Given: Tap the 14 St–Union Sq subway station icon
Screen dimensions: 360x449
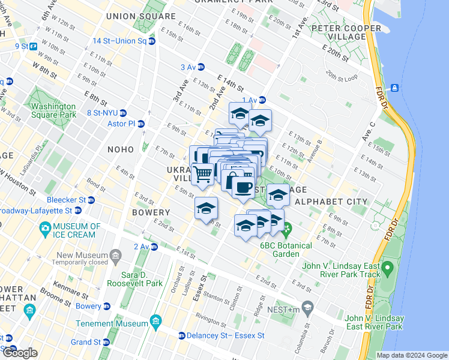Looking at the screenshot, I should tap(152, 41).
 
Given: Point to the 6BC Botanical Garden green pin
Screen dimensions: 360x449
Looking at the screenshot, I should tap(288, 229).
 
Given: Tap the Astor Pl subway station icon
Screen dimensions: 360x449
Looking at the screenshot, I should tap(141, 124).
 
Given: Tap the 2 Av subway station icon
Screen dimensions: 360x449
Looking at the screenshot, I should tap(154, 247).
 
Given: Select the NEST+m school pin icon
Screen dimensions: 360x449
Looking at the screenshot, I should tap(308, 308).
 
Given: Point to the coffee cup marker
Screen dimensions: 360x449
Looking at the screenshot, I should tap(243, 188).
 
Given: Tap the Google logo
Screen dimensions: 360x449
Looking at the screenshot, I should tap(20, 353).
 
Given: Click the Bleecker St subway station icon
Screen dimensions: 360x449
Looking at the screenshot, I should tap(90, 200).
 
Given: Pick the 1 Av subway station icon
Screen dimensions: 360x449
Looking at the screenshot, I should tap(262, 100).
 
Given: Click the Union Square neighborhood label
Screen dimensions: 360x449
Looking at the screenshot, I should tap(140, 16).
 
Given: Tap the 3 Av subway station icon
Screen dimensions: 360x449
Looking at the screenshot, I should tap(201, 67).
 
